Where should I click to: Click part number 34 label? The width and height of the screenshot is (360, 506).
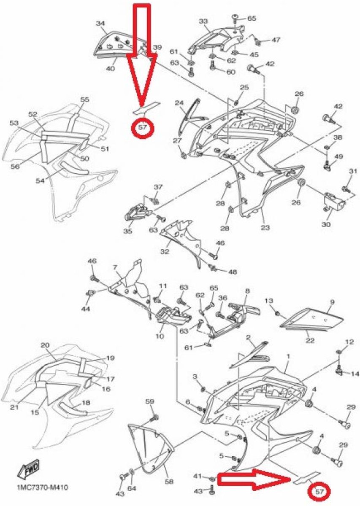[x=100, y=24]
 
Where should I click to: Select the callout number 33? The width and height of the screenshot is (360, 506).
[x=203, y=21]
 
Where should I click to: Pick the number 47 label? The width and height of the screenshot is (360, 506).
[x=276, y=40]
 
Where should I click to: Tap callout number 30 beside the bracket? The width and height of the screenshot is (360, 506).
[x=326, y=224]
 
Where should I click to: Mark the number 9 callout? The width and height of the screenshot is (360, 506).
[x=332, y=302]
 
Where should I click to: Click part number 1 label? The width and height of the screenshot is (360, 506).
[x=288, y=356]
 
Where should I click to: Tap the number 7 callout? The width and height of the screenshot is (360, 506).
[x=114, y=268]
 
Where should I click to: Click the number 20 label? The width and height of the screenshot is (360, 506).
[x=45, y=345]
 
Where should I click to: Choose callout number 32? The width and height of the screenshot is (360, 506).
[x=165, y=252]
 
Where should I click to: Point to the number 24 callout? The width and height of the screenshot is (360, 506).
[x=179, y=103]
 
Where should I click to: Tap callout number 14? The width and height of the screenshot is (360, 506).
[x=355, y=374]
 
